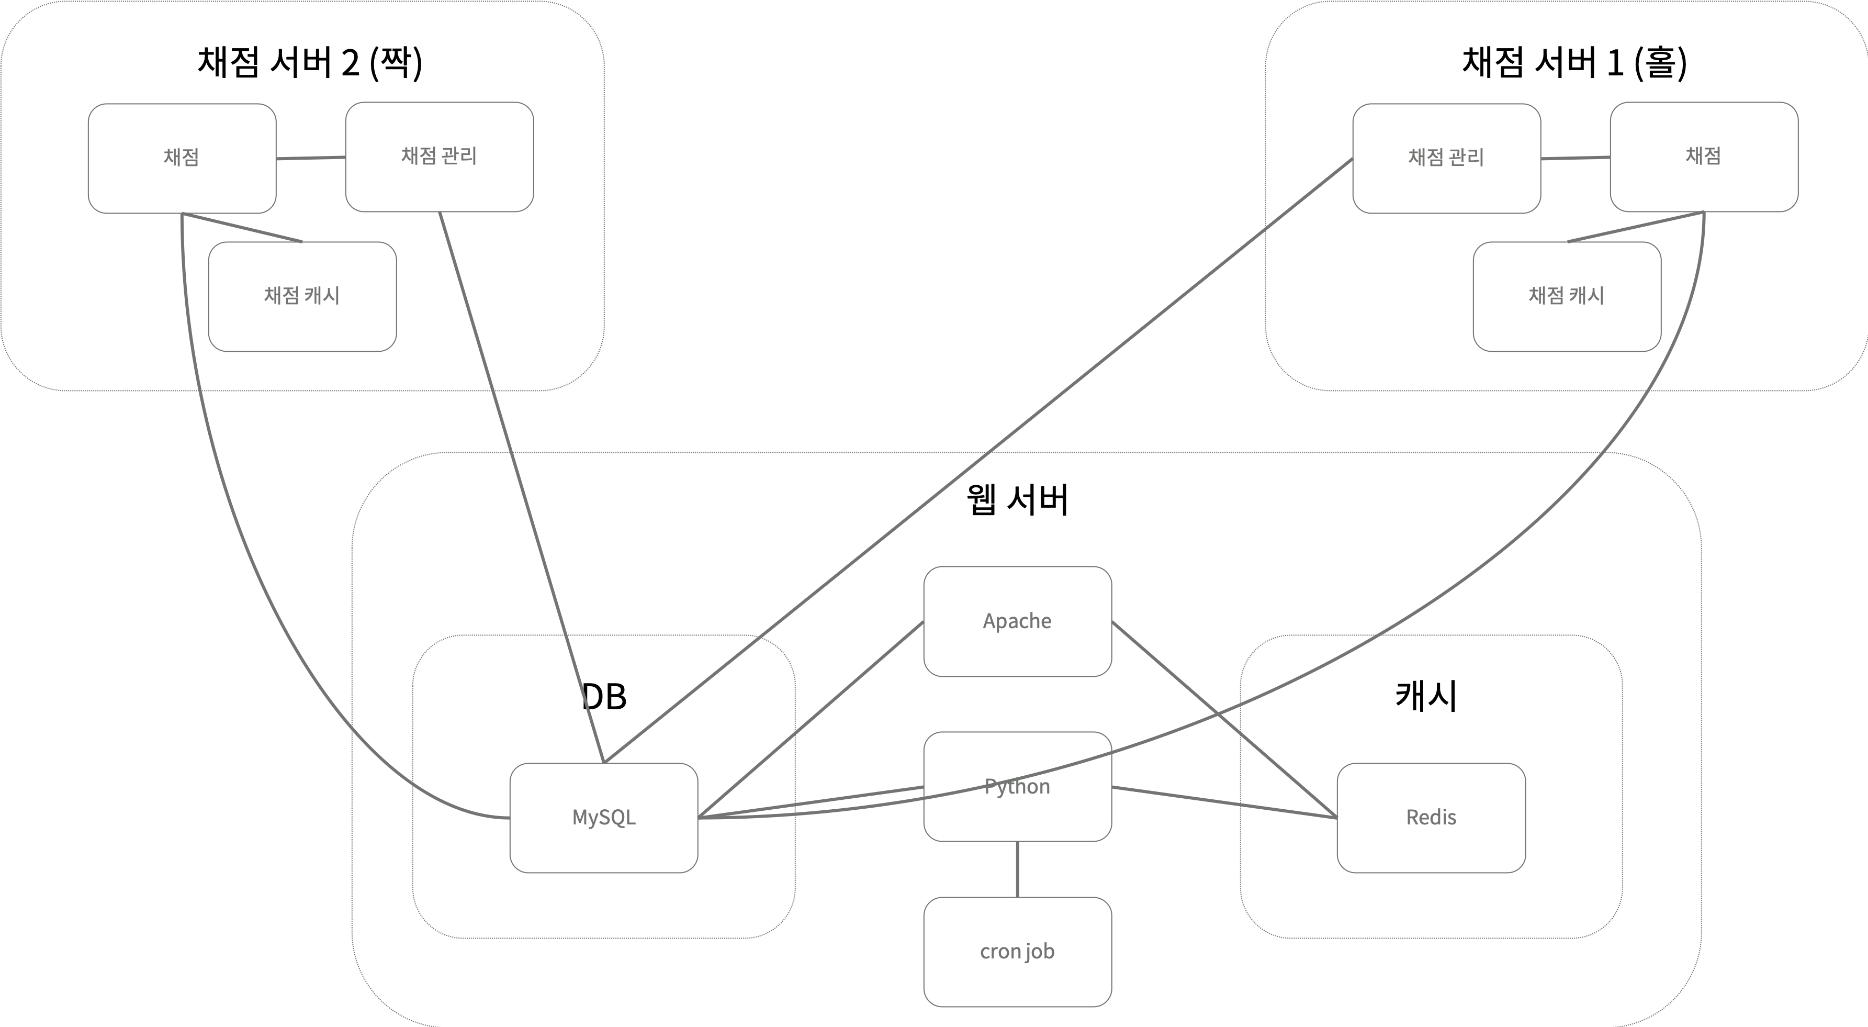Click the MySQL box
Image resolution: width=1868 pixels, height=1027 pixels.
[x=603, y=818]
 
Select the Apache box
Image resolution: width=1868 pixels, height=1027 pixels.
[x=1017, y=621]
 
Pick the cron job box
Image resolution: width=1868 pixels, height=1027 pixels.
[x=1017, y=952]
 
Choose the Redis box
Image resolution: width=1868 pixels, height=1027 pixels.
[x=1431, y=818]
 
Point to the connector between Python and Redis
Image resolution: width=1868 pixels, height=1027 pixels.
[x=1224, y=802]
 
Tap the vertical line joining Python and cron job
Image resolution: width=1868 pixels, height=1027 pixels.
[x=1017, y=869]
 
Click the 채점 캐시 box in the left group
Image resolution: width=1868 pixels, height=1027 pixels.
[x=302, y=296]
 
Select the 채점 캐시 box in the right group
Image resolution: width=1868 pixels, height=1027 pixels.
[x=1566, y=296]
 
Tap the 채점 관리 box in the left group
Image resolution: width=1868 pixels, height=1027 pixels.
[x=438, y=157]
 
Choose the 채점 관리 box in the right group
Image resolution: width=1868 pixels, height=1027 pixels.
[x=1446, y=158]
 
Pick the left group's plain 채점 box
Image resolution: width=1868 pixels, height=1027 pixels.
[x=181, y=158]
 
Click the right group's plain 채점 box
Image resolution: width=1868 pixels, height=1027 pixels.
[x=1703, y=157]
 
